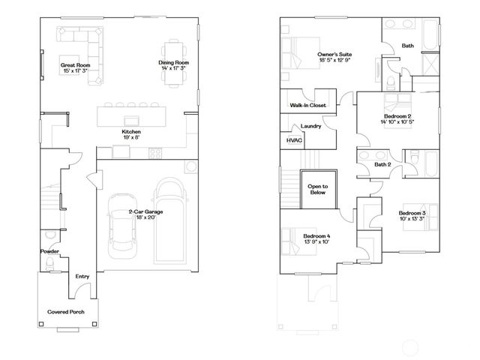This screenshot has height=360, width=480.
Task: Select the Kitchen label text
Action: click(x=131, y=132)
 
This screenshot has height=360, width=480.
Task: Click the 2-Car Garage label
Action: click(x=146, y=212)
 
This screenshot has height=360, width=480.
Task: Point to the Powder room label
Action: click(x=50, y=251)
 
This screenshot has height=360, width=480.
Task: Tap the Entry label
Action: click(x=82, y=276)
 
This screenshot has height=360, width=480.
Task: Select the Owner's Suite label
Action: click(x=334, y=55)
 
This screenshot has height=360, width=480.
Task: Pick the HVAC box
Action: click(x=291, y=140)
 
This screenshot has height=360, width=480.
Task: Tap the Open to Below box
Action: click(x=319, y=188)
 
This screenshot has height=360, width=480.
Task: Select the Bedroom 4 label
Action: click(x=317, y=237)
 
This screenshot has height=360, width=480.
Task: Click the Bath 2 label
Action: click(x=382, y=164)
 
